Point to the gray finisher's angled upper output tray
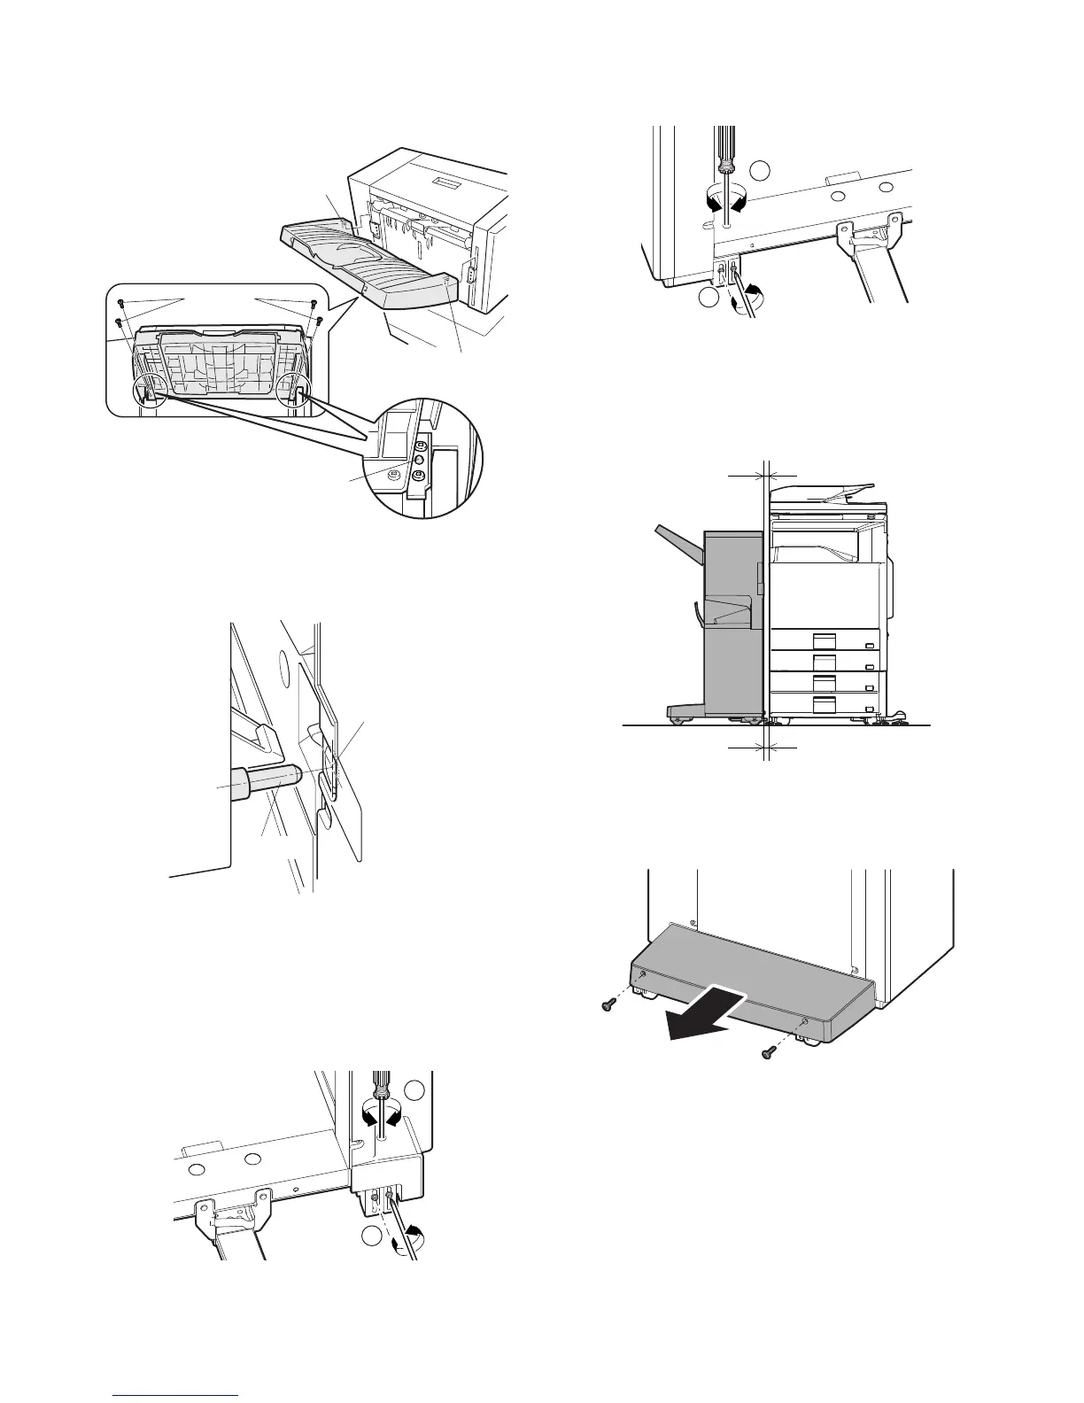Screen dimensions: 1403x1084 click(678, 548)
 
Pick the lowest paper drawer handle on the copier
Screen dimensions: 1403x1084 click(824, 704)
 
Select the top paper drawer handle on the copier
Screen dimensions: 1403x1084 click(824, 639)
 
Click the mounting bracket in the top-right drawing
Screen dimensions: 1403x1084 click(871, 236)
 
